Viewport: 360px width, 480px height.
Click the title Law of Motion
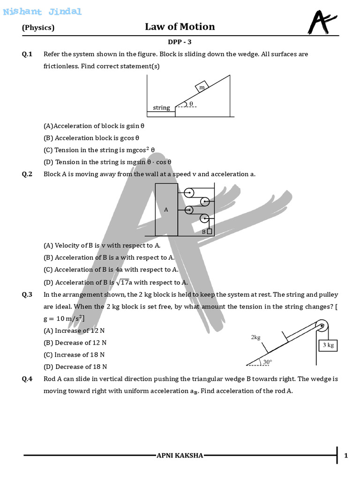180,27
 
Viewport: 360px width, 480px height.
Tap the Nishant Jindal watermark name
42,12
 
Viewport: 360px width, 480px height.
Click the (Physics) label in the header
38,28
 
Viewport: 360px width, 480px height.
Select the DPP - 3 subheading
180,42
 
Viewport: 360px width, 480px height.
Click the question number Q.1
27,54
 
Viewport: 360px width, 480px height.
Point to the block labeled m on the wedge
202,87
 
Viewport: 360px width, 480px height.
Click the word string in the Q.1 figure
161,108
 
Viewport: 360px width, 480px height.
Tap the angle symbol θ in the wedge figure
191,104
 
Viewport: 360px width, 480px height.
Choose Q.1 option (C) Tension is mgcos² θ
99,150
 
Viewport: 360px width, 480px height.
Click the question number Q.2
27,174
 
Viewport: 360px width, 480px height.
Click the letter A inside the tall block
166,210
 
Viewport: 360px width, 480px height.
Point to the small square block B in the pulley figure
209,231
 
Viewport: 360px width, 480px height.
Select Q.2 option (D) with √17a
115,282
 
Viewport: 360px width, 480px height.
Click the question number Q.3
27,295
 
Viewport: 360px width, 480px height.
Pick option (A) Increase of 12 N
74,330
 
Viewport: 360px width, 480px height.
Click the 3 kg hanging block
328,345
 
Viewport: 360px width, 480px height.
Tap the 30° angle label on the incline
267,362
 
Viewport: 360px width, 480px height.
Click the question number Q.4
27,379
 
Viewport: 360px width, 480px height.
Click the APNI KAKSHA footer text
180,456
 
